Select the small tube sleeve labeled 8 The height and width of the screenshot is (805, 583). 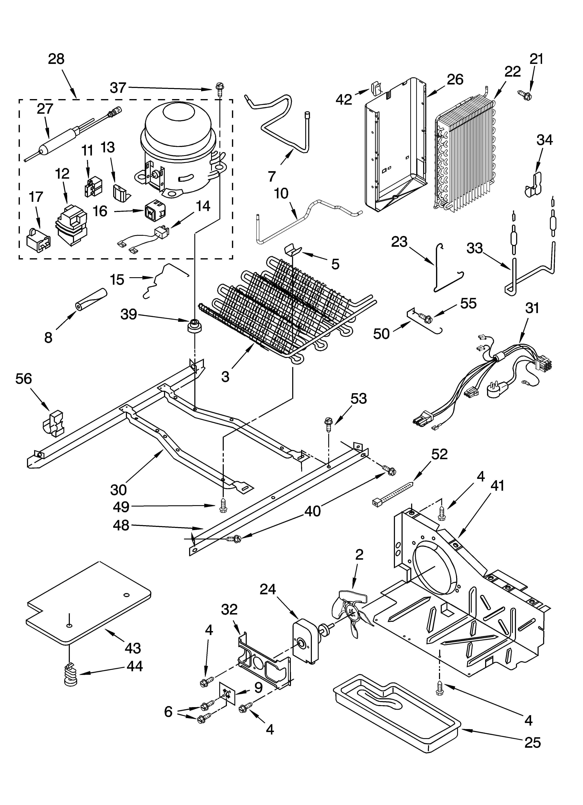click(91, 300)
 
